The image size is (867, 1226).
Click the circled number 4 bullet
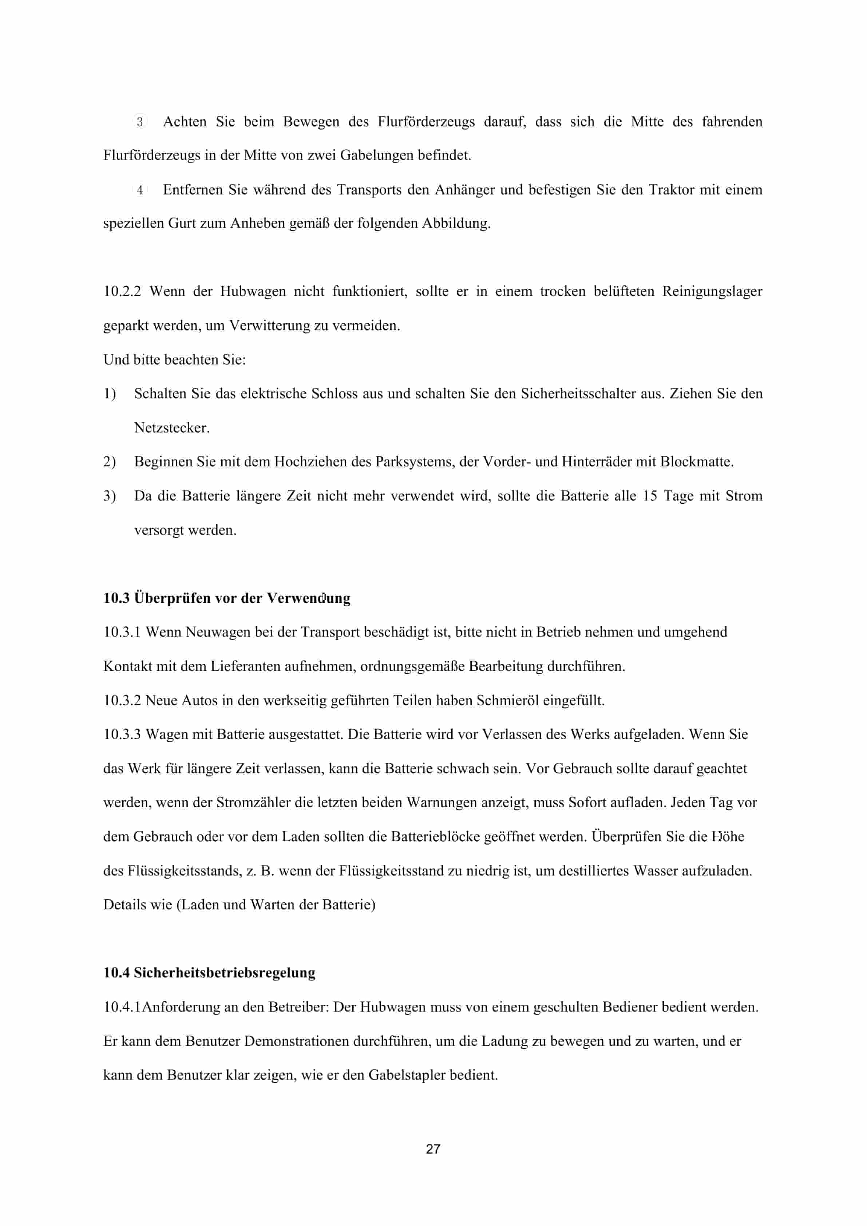(139, 190)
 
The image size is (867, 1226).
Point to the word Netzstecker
(171, 428)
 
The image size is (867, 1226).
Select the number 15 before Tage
(649, 496)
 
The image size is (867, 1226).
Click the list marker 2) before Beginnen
(110, 462)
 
